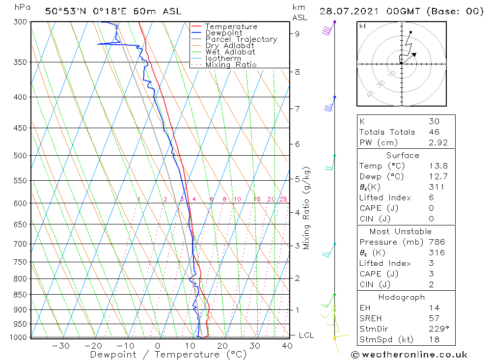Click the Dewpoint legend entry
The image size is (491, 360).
pyautogui.click(x=224, y=33)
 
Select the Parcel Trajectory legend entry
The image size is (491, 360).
pyautogui.click(x=241, y=39)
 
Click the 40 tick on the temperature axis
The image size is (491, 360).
pyautogui.click(x=287, y=346)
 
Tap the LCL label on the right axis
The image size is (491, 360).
pyautogui.click(x=306, y=335)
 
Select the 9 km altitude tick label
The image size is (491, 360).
pyautogui.click(x=298, y=34)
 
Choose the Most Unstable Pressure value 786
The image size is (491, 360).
pyautogui.click(x=436, y=242)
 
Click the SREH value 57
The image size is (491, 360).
pyautogui.click(x=434, y=318)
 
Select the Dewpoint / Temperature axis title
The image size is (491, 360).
pyautogui.click(x=168, y=354)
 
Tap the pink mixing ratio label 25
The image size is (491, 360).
pyautogui.click(x=283, y=199)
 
